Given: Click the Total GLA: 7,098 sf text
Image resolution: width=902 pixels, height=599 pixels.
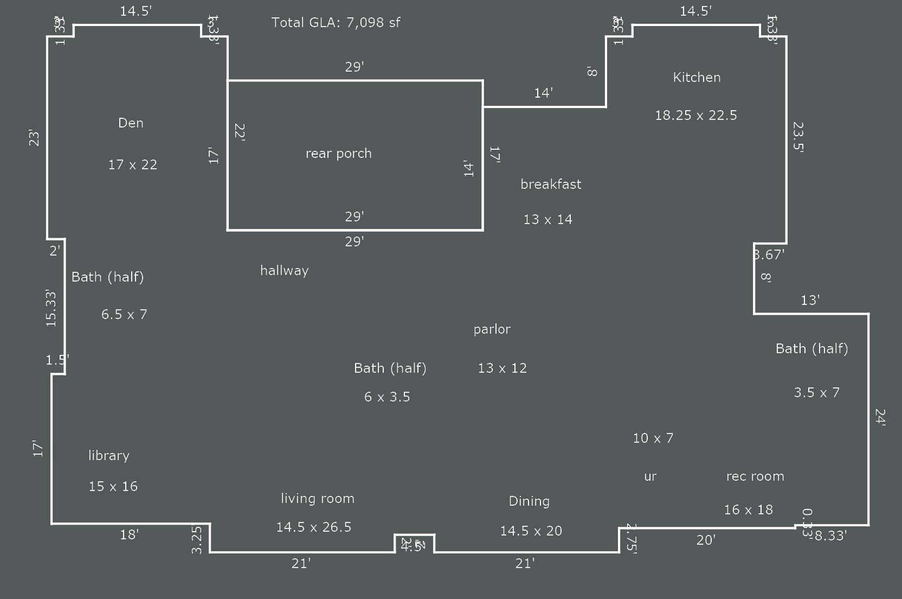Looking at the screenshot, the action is [336, 22].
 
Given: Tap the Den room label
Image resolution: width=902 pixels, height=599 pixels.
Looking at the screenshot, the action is [131, 123].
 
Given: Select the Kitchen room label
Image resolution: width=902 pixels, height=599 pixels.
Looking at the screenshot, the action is [697, 77].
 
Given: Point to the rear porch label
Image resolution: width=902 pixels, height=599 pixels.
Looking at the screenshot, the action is [338, 153].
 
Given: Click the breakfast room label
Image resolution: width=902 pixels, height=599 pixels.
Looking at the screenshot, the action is [551, 184].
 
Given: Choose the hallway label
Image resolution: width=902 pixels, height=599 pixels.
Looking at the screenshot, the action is [284, 270].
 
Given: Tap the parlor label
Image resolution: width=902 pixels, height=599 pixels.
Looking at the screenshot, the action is [492, 329].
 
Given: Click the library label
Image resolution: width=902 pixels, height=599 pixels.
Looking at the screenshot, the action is [108, 455].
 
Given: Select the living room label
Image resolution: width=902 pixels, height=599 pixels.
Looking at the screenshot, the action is [317, 498].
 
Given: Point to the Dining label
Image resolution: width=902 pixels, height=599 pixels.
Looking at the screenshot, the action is [529, 501].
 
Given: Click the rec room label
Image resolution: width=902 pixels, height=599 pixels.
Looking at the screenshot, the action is [755, 476].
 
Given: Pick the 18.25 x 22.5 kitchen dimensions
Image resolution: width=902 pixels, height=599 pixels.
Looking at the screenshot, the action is [695, 115].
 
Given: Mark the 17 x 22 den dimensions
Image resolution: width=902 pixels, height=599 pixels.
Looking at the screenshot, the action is [132, 164].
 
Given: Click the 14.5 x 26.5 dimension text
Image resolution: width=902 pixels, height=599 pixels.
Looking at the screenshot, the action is [313, 527].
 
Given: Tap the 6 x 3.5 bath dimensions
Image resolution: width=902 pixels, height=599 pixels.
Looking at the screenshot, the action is [386, 397].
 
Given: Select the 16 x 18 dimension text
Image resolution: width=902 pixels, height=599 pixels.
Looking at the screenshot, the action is [748, 509].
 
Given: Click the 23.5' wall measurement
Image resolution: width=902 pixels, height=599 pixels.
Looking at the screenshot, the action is [798, 137].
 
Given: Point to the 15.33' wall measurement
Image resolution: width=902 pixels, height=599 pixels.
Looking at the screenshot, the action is [51, 308].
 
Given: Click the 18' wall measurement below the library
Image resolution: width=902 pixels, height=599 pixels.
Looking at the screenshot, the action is [129, 535].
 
